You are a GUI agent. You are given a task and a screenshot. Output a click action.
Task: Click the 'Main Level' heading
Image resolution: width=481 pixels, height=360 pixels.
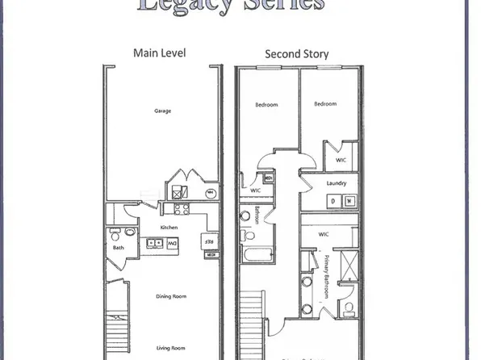pyautogui.click(x=159, y=53)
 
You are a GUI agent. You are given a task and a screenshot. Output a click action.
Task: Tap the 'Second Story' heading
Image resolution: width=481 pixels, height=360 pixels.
pyautogui.click(x=297, y=55)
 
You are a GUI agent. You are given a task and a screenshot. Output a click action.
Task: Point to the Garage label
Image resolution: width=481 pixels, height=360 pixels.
pyautogui.click(x=161, y=111)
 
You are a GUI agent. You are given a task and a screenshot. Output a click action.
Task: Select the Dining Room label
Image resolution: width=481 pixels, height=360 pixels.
pyautogui.click(x=171, y=296)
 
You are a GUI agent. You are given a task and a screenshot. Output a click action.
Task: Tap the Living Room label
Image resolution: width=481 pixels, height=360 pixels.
pyautogui.click(x=171, y=329)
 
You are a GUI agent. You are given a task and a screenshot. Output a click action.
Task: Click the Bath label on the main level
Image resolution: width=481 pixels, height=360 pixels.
pyautogui.click(x=119, y=248)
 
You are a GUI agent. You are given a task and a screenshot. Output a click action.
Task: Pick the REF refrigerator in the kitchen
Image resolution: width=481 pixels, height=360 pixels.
pyautogui.click(x=208, y=241)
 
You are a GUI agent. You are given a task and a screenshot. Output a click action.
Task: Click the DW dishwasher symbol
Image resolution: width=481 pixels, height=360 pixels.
pyautogui.click(x=171, y=241)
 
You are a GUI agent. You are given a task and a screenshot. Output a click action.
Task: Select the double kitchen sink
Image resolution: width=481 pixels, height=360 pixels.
pyautogui.click(x=149, y=241)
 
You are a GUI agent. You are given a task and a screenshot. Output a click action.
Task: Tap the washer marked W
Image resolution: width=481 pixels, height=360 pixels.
pyautogui.click(x=348, y=201)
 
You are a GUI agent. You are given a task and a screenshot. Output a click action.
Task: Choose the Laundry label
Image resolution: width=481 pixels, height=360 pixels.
pyautogui.click(x=337, y=183)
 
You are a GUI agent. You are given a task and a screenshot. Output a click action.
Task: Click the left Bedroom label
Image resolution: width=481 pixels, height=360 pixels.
pyautogui.click(x=267, y=104)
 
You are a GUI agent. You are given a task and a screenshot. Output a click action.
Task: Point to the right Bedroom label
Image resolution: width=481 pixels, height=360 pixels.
pyautogui.click(x=324, y=104)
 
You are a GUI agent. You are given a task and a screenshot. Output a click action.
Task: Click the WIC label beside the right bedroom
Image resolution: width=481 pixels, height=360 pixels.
pyautogui.click(x=341, y=160)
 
